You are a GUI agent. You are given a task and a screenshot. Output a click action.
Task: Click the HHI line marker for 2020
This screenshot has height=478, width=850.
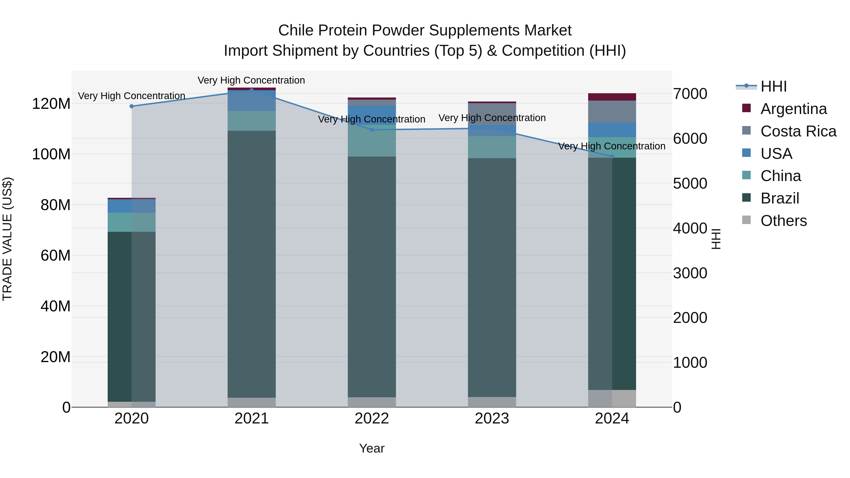(x=132, y=106)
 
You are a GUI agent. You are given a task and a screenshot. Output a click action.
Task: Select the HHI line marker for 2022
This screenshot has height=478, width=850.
(x=372, y=130)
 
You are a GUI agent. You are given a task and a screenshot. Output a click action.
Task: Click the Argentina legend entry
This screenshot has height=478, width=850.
(x=793, y=109)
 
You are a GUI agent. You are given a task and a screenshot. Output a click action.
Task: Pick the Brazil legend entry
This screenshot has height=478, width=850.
(x=779, y=198)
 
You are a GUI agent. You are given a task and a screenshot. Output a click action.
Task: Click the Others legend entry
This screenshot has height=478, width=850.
(x=783, y=221)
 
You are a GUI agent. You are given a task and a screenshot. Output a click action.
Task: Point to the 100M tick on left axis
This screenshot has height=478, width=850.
(x=51, y=154)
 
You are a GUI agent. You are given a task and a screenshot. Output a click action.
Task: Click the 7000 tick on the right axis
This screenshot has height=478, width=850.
(x=690, y=94)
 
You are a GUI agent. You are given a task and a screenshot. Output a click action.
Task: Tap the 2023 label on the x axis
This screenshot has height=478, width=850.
(x=492, y=419)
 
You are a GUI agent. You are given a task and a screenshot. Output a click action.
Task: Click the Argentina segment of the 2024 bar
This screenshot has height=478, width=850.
(x=612, y=97)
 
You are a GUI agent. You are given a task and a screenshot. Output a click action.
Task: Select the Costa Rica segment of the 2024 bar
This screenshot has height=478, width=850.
(x=612, y=111)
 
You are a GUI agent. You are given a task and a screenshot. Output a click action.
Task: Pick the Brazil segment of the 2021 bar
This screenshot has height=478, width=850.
(x=252, y=264)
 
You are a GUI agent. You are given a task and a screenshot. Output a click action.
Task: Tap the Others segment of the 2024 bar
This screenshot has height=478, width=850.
(x=612, y=398)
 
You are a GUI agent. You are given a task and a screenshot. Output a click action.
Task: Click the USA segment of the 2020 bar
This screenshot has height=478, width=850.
(x=132, y=206)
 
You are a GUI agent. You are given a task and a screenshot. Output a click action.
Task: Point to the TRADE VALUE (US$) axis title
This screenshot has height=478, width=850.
(x=7, y=239)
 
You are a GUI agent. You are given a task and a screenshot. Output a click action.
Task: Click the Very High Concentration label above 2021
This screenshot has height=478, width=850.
(x=251, y=80)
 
